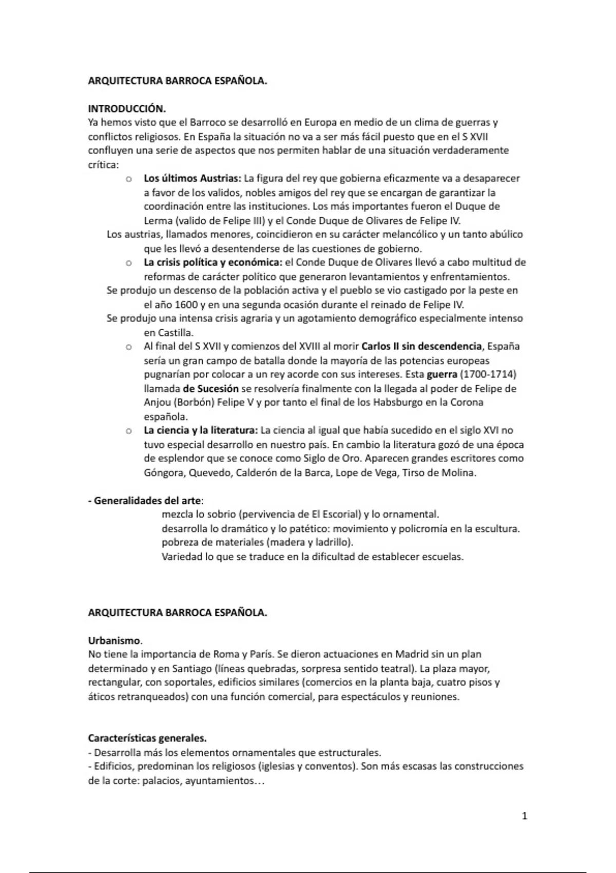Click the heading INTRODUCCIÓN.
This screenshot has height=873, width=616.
tap(127, 109)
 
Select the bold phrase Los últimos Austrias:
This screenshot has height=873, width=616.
tap(192, 179)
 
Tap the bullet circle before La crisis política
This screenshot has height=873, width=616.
tap(129, 263)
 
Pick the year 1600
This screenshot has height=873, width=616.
tap(187, 305)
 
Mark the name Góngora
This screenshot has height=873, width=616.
tap(164, 472)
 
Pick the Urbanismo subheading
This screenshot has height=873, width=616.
tap(114, 641)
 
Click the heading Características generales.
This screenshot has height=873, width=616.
tap(147, 738)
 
